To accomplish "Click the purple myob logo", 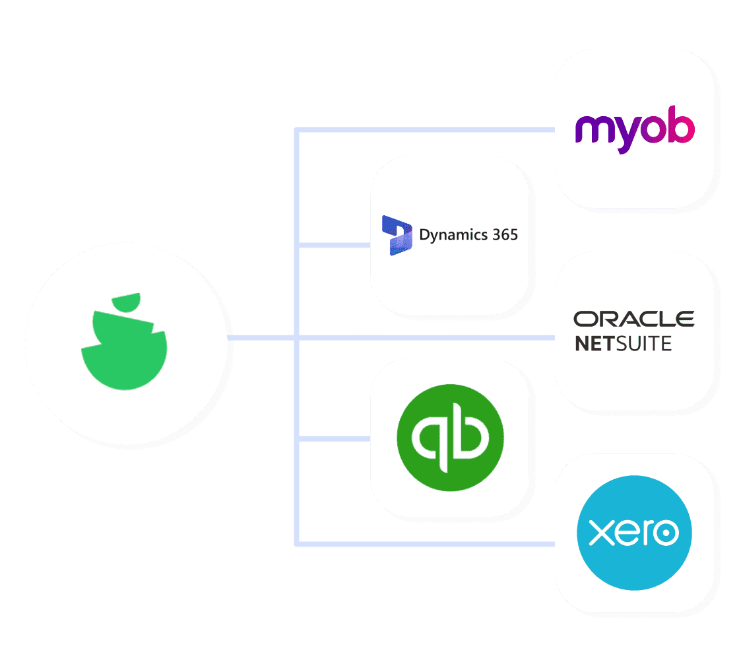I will (x=634, y=129).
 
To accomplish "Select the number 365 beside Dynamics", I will (x=505, y=234).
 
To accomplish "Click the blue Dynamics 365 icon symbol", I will (x=397, y=235).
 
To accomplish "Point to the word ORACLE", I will (x=633, y=319).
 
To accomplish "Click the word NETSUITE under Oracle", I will (x=623, y=344).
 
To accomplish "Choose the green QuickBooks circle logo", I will (x=450, y=438).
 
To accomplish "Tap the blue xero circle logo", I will (x=634, y=533).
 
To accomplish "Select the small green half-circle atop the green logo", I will (x=126, y=303).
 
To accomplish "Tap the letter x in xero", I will (x=598, y=533).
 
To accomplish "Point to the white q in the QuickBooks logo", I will (x=428, y=439).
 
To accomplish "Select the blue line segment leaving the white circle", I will (x=261, y=338).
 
